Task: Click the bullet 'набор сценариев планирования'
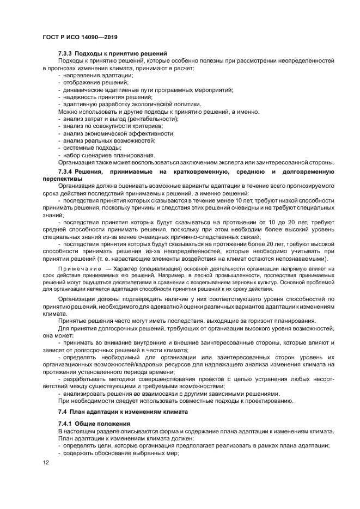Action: (x=105, y=155)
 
